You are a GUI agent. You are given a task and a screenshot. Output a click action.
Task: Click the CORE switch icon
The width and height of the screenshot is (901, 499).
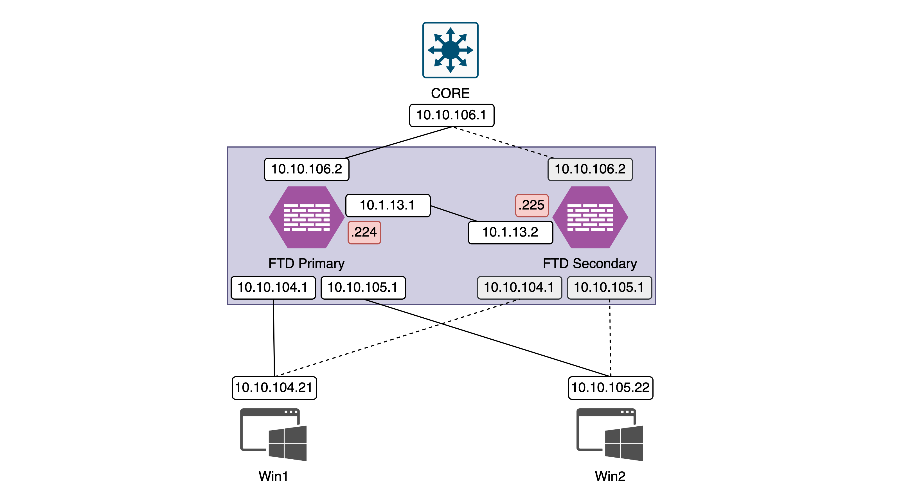click(450, 50)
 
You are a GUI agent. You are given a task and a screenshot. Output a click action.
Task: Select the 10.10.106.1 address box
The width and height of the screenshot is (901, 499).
click(452, 115)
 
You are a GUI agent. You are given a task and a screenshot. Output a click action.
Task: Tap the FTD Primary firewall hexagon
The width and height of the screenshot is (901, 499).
click(307, 217)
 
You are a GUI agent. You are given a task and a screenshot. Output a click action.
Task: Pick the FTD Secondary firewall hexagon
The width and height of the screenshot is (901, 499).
click(590, 217)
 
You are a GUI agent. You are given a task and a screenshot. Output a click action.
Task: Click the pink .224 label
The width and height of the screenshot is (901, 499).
click(364, 232)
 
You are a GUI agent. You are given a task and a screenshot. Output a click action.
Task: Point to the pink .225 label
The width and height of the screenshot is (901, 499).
click(532, 205)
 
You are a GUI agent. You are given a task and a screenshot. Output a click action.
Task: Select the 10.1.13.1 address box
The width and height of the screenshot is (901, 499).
click(388, 205)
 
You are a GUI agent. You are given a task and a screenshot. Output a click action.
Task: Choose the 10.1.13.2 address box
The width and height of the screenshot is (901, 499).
click(510, 232)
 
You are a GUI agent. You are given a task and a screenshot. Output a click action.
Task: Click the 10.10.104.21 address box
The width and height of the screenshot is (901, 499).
click(274, 388)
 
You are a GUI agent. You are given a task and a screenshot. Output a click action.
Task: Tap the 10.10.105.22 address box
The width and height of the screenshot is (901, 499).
click(610, 388)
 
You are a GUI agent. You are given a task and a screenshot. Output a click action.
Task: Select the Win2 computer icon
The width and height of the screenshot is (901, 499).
click(610, 434)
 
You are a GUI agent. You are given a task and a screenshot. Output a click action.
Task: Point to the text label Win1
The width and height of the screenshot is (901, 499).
click(273, 476)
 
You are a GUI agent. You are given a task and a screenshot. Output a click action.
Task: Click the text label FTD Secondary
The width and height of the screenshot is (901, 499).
click(590, 263)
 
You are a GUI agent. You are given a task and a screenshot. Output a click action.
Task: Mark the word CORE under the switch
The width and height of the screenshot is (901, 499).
click(450, 93)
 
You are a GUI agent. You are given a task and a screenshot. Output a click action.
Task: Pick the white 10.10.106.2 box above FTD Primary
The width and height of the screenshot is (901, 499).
click(307, 169)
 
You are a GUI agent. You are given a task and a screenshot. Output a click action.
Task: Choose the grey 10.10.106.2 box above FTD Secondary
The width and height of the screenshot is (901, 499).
click(590, 169)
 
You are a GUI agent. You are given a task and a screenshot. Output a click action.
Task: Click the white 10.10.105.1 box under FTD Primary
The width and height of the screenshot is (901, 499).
click(363, 288)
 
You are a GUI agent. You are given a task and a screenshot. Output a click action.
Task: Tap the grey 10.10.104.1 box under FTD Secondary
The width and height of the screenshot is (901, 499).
click(519, 288)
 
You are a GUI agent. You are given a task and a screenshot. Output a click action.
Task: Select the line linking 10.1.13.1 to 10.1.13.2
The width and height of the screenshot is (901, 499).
click(454, 213)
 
